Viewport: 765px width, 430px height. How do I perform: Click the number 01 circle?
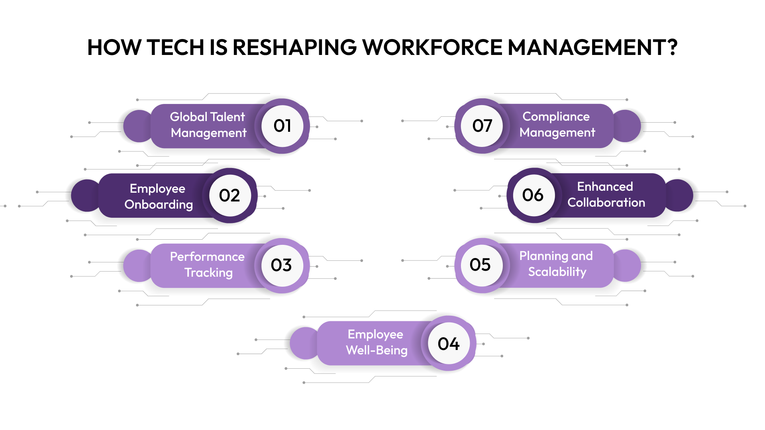(x=282, y=126)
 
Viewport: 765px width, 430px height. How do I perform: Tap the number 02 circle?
(x=230, y=195)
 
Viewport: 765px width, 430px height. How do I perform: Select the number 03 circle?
(x=282, y=265)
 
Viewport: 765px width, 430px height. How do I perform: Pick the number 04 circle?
(x=449, y=344)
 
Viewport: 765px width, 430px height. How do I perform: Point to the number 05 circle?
(x=481, y=265)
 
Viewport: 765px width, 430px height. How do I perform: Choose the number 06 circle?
(x=533, y=195)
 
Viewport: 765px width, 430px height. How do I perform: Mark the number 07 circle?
(x=482, y=126)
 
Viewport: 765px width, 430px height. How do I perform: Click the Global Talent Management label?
(x=208, y=125)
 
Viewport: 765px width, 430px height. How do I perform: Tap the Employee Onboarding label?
(x=158, y=196)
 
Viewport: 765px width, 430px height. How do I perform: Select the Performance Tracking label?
(x=208, y=264)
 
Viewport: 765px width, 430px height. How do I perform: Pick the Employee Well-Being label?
(x=376, y=342)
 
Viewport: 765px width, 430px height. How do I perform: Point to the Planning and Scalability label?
(x=556, y=264)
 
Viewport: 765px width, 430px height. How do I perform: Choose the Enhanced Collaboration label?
(x=606, y=194)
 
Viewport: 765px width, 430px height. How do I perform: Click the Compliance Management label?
(x=557, y=124)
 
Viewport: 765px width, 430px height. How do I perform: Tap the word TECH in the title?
(x=175, y=47)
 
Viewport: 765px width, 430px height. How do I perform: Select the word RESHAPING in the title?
(x=294, y=47)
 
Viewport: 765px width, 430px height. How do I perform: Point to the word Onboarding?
(x=159, y=205)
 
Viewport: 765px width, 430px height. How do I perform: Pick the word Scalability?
(x=557, y=272)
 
